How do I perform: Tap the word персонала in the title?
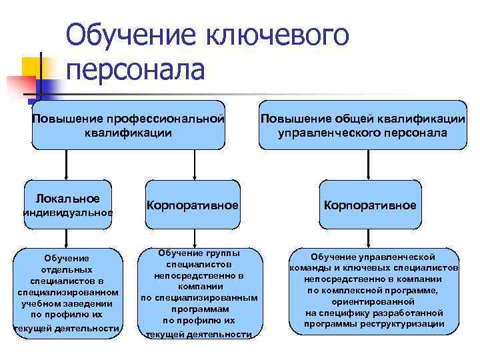click(136, 70)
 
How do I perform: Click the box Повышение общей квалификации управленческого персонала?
click(363, 125)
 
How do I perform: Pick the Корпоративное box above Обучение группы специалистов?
click(193, 205)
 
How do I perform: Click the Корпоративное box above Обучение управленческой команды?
click(370, 205)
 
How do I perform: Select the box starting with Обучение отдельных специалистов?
click(67, 292)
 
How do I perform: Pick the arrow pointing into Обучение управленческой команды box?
click(370, 239)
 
